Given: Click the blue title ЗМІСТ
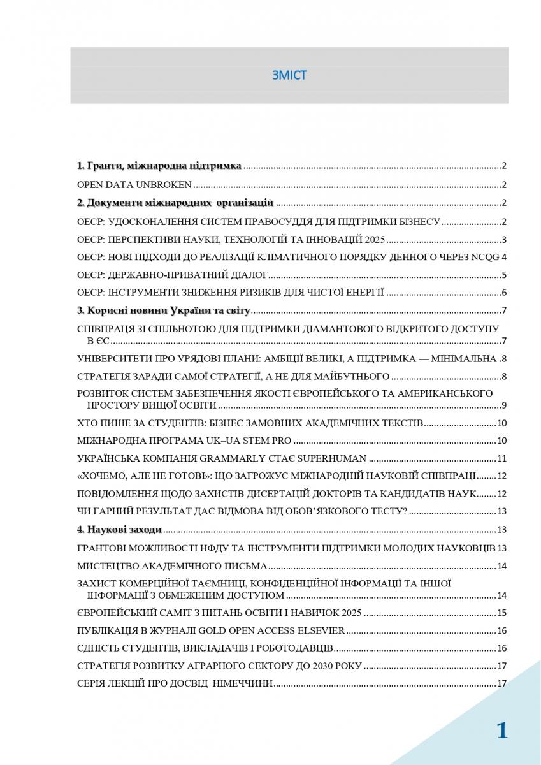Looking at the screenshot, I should pyautogui.click(x=289, y=75).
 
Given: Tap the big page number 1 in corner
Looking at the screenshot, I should pyautogui.click(x=502, y=731).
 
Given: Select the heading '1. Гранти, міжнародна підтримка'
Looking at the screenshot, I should pyautogui.click(x=159, y=166).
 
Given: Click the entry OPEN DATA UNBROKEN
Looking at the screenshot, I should pyautogui.click(x=134, y=185).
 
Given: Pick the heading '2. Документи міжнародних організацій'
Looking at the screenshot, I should pyautogui.click(x=175, y=203).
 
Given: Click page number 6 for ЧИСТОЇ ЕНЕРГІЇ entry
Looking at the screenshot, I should pyautogui.click(x=503, y=293).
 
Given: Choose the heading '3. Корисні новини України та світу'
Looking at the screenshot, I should pyautogui.click(x=164, y=311).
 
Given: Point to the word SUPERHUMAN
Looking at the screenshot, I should pyautogui.click(x=333, y=458).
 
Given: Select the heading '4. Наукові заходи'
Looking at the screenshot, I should pyautogui.click(x=119, y=529).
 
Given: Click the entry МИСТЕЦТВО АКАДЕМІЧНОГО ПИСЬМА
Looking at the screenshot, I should pyautogui.click(x=171, y=565).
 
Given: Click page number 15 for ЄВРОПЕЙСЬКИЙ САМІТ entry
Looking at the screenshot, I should pyautogui.click(x=501, y=613).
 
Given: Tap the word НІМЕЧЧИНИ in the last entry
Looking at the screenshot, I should pyautogui.click(x=245, y=683).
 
